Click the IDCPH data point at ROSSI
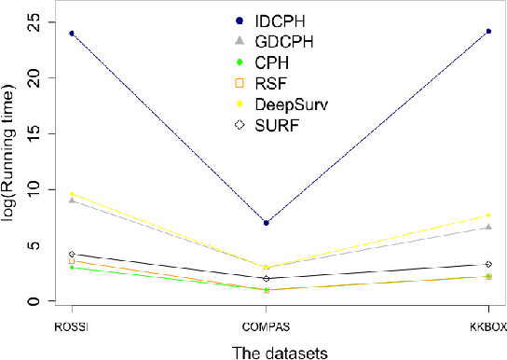[72, 34]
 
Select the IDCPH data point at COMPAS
[267, 223]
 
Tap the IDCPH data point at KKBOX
[488, 32]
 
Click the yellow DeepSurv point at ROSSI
[72, 194]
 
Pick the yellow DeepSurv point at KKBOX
[488, 215]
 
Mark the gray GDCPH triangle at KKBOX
[488, 227]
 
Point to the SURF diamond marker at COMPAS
[267, 278]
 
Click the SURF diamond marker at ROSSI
[72, 254]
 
